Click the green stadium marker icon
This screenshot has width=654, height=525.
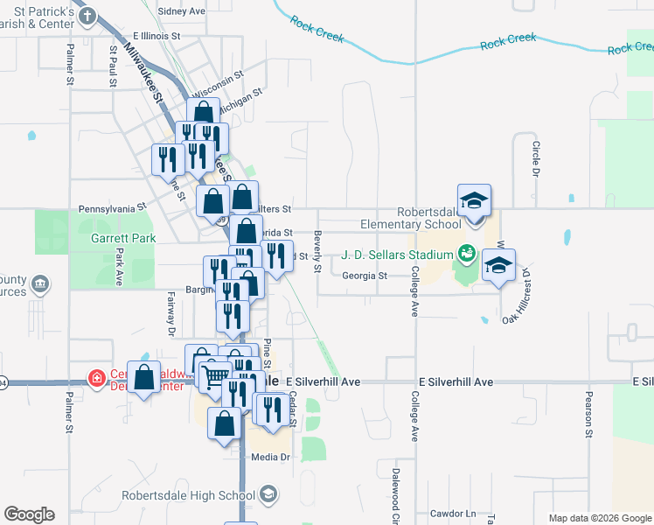[x=466, y=255]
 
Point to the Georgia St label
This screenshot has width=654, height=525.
[x=365, y=276]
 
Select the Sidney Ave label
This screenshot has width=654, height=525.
[x=182, y=11]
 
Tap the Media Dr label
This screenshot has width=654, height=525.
[x=269, y=457]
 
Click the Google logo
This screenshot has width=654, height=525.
[x=29, y=514]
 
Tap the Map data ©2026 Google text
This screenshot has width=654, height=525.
[x=599, y=518]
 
